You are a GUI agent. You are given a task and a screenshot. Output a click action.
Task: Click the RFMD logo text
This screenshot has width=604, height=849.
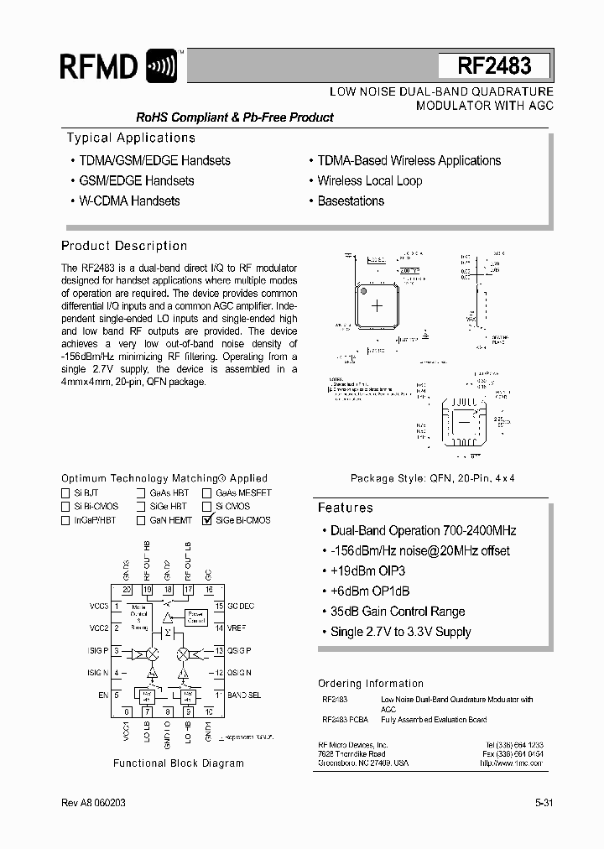pyautogui.click(x=98, y=67)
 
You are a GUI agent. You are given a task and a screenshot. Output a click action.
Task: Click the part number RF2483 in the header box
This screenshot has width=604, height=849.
pyautogui.click(x=494, y=66)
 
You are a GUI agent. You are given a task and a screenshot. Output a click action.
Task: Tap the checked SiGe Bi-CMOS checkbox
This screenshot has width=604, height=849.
pyautogui.click(x=207, y=520)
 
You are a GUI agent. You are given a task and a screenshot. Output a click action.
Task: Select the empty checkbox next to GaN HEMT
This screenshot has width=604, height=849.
pyautogui.click(x=141, y=520)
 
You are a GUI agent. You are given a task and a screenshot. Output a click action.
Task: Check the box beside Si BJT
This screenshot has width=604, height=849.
pyautogui.click(x=65, y=493)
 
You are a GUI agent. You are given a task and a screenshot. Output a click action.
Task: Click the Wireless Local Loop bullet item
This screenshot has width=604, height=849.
pyautogui.click(x=369, y=180)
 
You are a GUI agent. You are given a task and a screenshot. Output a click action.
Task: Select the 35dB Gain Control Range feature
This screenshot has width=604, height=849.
pyautogui.click(x=397, y=612)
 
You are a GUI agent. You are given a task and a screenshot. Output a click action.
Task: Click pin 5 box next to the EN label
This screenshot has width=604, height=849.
pyautogui.click(x=118, y=694)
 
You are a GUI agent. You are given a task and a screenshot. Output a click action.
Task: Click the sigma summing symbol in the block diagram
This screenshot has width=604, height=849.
pyautogui.click(x=168, y=630)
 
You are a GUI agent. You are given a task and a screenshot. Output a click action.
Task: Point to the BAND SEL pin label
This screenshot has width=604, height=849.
pyautogui.click(x=243, y=695)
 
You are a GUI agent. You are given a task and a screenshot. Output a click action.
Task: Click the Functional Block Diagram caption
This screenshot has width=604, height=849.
pyautogui.click(x=179, y=763)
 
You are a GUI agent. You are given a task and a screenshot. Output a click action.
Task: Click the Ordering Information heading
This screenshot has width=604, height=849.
pyautogui.click(x=370, y=684)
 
